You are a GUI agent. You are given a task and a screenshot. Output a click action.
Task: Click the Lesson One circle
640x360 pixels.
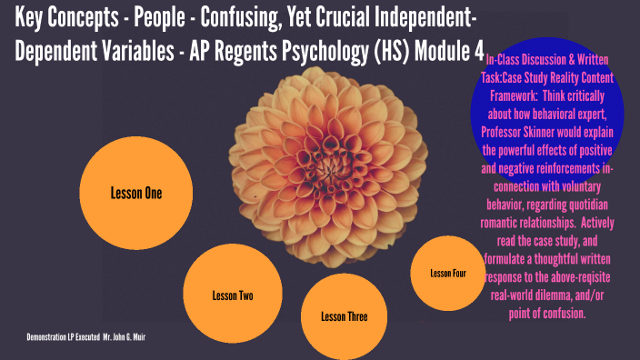coord(136,193)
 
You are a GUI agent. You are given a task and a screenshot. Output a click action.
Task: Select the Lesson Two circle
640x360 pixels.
coord(233,295)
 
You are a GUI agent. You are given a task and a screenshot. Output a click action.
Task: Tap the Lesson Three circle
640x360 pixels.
coord(345,316)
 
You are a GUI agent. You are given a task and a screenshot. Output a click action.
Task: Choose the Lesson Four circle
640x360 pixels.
coord(448,273)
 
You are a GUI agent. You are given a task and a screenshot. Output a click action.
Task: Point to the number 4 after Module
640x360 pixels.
coord(477,51)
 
